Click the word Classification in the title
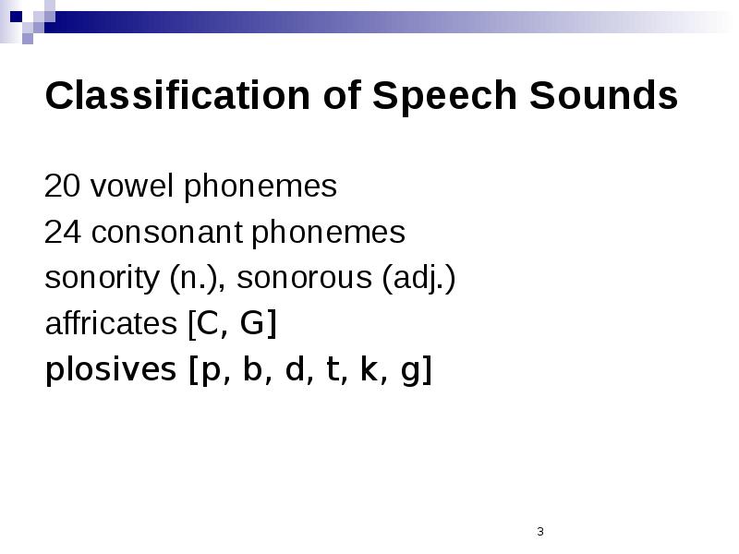[177, 95]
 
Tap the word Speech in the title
[444, 98]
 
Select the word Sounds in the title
[604, 95]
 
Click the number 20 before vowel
[62, 186]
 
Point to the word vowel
[132, 186]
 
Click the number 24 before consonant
[62, 232]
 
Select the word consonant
[167, 233]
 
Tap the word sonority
[103, 278]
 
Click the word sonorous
[305, 278]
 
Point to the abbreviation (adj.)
[418, 279]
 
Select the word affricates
[111, 323]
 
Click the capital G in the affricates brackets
[252, 324]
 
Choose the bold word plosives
[111, 369]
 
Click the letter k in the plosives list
[369, 368]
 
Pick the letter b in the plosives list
[252, 368]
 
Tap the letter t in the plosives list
[333, 369]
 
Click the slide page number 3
[540, 532]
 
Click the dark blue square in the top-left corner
[16, 17]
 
